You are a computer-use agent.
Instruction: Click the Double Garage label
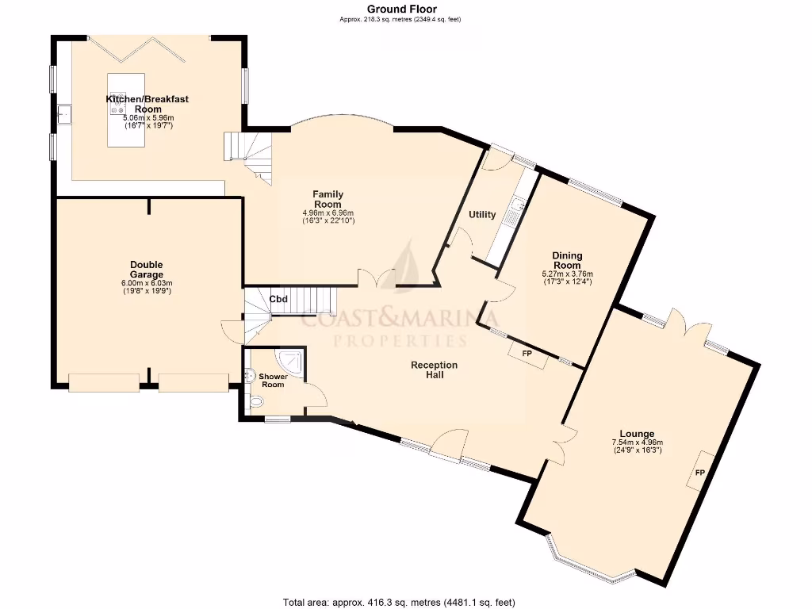click(147, 270)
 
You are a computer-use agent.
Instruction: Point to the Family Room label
click(327, 199)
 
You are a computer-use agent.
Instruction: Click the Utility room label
click(482, 215)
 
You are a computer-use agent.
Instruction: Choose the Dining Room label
click(567, 260)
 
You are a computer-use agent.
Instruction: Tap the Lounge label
click(637, 434)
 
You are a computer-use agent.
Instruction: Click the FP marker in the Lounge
click(700, 473)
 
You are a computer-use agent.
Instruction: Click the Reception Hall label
click(434, 370)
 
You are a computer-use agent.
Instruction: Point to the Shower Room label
click(273, 381)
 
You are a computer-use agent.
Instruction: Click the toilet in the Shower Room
click(255, 404)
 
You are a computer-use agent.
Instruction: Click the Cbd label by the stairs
click(278, 299)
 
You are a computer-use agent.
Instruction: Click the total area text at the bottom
click(404, 602)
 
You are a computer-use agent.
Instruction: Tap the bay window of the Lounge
click(591, 564)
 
